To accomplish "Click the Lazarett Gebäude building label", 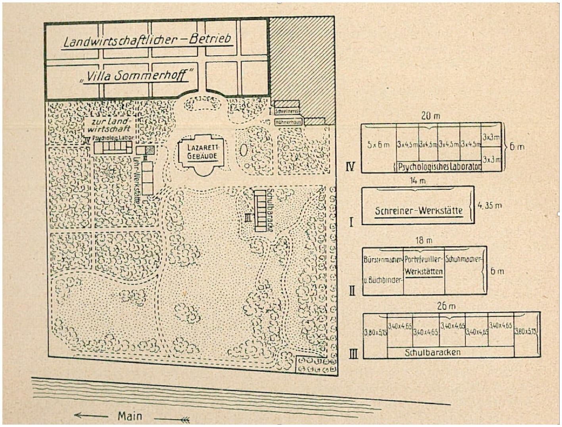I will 203,151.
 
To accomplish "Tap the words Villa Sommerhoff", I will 137,75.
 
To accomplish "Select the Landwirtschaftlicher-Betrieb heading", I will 147,40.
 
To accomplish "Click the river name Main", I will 130,416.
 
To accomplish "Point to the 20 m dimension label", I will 430,116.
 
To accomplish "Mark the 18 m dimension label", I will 424,240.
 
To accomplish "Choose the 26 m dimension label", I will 446,306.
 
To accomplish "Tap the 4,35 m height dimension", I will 489,205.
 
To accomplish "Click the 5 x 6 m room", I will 378,145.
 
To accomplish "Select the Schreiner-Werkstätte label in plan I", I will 418,211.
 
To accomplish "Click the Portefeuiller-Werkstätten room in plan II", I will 424,270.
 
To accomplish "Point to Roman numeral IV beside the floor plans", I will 350,167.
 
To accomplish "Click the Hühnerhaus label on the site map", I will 288,123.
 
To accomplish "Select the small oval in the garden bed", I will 244,150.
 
